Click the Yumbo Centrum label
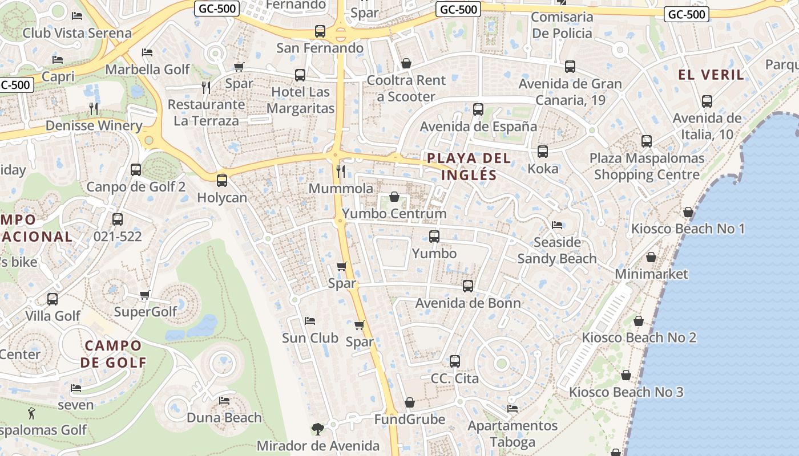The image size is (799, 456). (x=394, y=214)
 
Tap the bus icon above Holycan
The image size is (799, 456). (x=222, y=181)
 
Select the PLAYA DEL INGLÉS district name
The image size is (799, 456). (x=469, y=166)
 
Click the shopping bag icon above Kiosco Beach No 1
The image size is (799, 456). (x=688, y=212)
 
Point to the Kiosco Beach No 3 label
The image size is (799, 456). (x=626, y=392)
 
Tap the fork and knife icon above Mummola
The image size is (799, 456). (x=341, y=171)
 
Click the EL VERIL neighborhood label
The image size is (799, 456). (x=711, y=75)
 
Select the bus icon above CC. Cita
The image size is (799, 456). (x=455, y=361)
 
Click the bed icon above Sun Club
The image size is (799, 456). (x=310, y=321)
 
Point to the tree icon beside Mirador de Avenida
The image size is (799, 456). (x=317, y=429)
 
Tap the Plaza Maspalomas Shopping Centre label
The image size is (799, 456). (x=647, y=166)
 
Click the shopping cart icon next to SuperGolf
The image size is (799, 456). (x=145, y=295)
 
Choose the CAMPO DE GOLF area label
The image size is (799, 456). (x=112, y=353)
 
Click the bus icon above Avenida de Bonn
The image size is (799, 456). (x=468, y=286)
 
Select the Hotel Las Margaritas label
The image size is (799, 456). (x=300, y=100)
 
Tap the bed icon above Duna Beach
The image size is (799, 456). (x=224, y=401)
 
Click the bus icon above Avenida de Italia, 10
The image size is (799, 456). (x=707, y=102)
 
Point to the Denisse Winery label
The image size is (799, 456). (x=94, y=125)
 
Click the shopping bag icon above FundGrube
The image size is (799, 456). (x=409, y=403)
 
